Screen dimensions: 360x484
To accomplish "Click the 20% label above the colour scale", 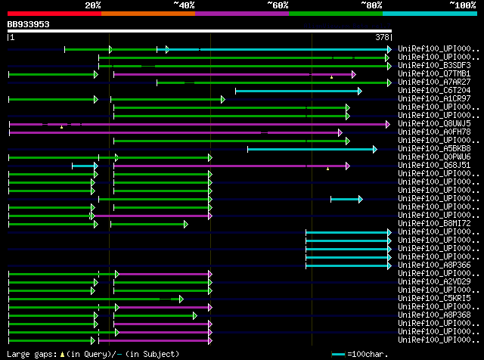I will pyautogui.click(x=93, y=5).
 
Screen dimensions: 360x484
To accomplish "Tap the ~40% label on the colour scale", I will pyautogui.click(x=184, y=5).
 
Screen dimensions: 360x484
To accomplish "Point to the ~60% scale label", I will pyautogui.click(x=278, y=5).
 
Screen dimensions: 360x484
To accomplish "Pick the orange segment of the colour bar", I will pyautogui.click(x=147, y=13).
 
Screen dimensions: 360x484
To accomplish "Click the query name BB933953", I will pyautogui.click(x=29, y=24).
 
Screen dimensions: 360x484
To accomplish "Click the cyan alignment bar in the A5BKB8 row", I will pyautogui.click(x=310, y=149).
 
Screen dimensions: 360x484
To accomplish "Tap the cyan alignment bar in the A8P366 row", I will pyautogui.click(x=348, y=265).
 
